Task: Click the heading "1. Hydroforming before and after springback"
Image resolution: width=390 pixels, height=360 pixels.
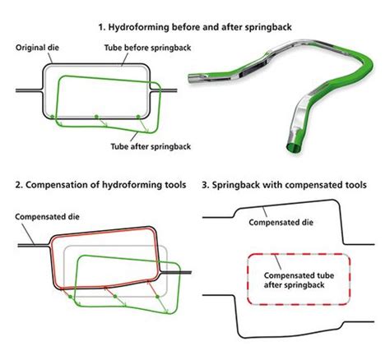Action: coord(195,27)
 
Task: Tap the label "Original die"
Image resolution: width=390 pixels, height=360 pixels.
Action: coord(37,48)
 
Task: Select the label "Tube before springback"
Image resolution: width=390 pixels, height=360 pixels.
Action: coord(147,48)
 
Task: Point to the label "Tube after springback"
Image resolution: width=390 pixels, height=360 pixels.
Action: coord(151,146)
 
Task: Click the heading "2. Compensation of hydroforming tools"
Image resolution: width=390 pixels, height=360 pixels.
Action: coord(100,185)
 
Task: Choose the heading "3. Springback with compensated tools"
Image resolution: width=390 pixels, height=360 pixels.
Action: coord(284,185)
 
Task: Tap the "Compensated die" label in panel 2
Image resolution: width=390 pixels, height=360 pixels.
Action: coord(47,217)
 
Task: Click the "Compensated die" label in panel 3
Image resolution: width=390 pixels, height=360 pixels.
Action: coord(281,222)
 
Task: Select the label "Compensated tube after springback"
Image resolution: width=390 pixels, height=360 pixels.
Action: coord(299,280)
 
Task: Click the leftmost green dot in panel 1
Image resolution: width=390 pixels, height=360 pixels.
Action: coord(52,117)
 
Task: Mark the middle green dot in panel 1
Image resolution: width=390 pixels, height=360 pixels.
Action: coord(96,117)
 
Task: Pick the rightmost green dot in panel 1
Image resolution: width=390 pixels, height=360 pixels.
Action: coord(138,117)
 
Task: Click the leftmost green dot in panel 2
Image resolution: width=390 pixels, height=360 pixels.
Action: coord(70,297)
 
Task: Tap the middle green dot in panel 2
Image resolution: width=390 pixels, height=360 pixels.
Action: coord(115,297)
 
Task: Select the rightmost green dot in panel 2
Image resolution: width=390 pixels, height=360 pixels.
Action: coord(157,297)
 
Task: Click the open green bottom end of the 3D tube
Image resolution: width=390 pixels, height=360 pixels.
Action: coord(294,147)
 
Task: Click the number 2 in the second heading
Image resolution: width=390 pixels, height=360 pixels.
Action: coord(18,185)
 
